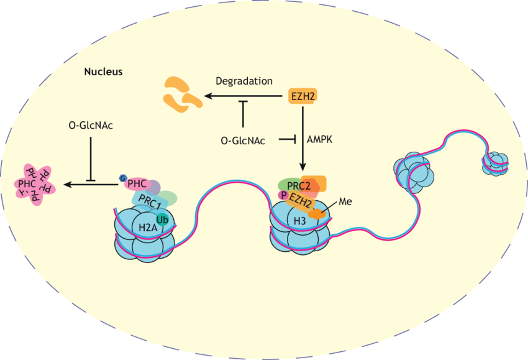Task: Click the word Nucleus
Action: tap(103, 72)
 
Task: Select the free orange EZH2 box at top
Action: tap(303, 96)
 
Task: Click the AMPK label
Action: tap(320, 141)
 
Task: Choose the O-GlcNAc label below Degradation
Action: tap(243, 141)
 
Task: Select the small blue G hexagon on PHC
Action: tap(123, 179)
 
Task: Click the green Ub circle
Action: tap(163, 219)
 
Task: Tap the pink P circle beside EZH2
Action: tap(284, 195)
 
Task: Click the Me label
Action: tap(345, 202)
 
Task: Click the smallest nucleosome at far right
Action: tap(497, 164)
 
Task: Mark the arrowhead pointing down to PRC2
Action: tap(303, 168)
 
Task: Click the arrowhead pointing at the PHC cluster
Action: tap(68, 184)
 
